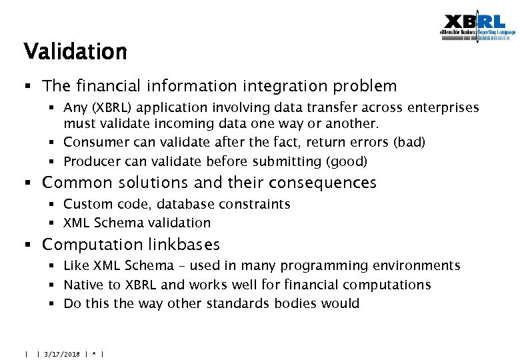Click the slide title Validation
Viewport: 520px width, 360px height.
coord(75,52)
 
